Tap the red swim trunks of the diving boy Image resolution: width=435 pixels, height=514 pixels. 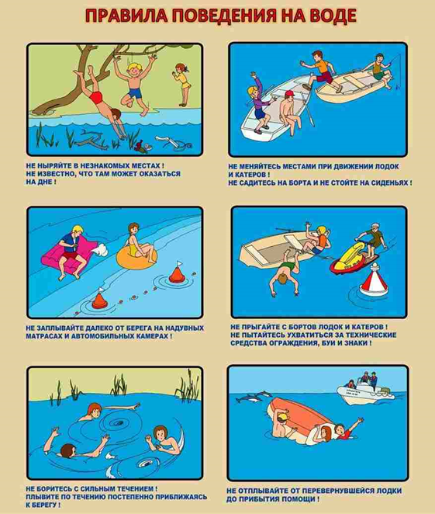[x=96, y=97]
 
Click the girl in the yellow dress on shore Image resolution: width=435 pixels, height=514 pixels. [x=182, y=85]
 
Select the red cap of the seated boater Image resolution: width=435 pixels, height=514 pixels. [x=289, y=94]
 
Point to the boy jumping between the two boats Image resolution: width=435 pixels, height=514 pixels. [x=319, y=71]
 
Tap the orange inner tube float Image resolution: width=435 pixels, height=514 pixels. [x=136, y=257]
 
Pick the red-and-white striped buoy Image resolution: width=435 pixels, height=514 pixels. [x=373, y=282]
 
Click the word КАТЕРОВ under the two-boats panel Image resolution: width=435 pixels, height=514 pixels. [x=250, y=175]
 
